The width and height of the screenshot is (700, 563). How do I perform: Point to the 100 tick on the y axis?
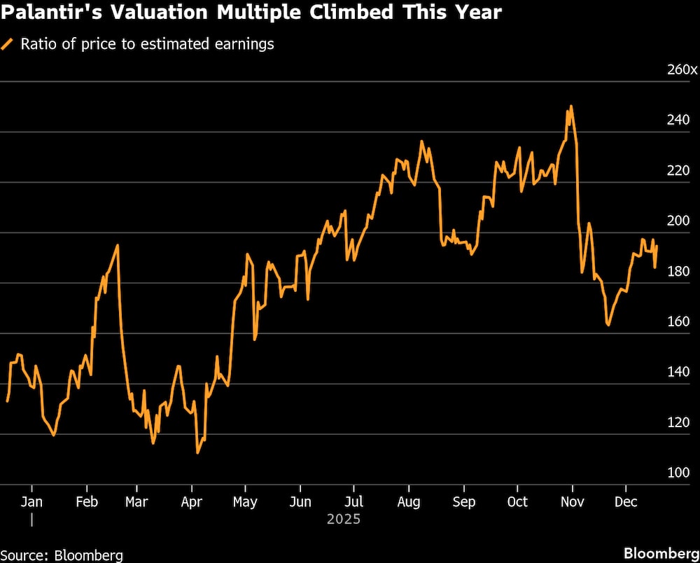coord(678,473)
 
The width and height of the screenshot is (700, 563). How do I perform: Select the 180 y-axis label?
coord(678,271)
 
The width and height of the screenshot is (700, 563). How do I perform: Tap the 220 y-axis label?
coord(678,170)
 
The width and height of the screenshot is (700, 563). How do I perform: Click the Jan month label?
coord(31,501)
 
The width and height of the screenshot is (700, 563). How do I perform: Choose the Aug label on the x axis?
coord(409,501)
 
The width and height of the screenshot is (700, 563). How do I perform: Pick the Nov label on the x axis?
coord(572,501)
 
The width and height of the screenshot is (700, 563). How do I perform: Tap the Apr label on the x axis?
coord(192,501)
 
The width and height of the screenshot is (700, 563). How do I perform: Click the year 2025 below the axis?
coord(344,519)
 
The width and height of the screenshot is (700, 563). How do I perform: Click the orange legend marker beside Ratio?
coord(8,44)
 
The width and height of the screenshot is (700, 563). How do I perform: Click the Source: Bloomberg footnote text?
coord(62,555)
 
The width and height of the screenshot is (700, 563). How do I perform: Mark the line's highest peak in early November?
coord(571,106)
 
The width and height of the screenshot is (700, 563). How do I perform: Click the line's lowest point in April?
coord(197,452)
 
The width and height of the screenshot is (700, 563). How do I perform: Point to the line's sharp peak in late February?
coord(117,245)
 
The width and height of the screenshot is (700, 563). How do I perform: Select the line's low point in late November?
coord(608,325)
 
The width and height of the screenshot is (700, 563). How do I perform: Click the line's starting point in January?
coord(7,401)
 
